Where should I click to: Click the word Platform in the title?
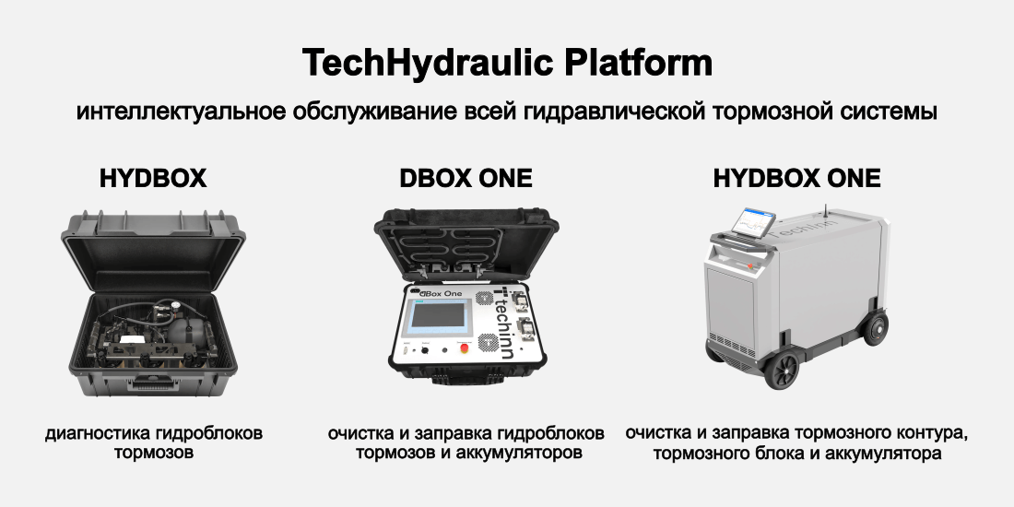tap(638, 64)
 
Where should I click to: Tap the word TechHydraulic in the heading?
tap(428, 64)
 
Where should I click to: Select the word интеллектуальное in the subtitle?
tap(181, 112)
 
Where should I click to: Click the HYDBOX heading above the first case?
tap(153, 179)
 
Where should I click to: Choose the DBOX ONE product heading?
tap(466, 179)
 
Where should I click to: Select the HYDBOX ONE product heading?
tap(796, 179)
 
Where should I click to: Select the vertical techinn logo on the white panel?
tap(502, 322)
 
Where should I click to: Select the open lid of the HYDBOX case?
tap(153, 248)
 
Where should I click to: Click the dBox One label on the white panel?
tap(439, 293)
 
